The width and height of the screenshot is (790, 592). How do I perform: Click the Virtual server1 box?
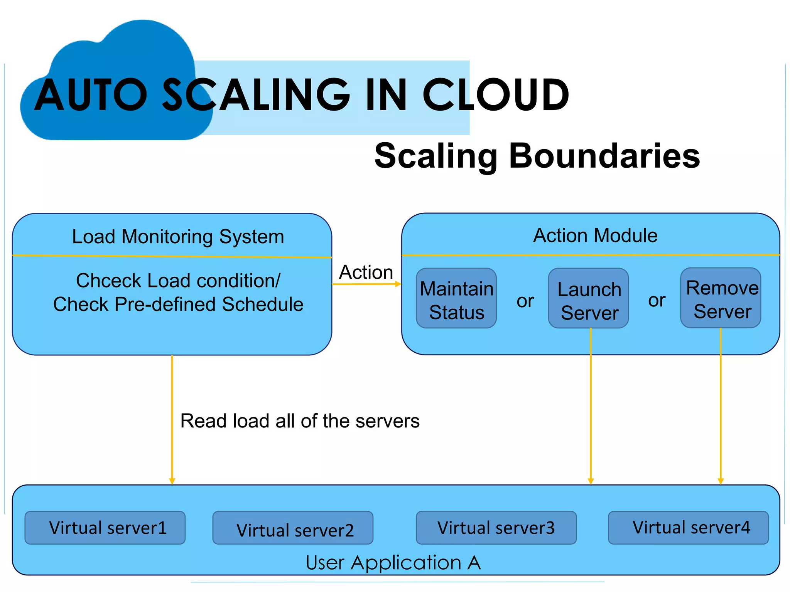[105, 528]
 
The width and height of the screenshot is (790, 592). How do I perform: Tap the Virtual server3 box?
[496, 528]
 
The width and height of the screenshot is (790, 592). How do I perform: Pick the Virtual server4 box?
[688, 528]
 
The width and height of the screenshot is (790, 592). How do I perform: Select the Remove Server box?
[721, 298]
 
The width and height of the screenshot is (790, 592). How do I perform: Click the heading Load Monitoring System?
[178, 237]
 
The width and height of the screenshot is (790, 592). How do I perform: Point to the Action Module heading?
[595, 235]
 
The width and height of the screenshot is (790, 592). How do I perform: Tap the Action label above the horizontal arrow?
[366, 272]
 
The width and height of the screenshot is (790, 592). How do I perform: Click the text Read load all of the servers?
[300, 421]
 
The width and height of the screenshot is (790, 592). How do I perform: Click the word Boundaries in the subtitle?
[604, 156]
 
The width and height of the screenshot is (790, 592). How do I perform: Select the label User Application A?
[393, 563]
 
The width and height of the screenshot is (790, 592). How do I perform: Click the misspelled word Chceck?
[108, 281]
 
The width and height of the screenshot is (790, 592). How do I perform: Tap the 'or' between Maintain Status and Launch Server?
[525, 301]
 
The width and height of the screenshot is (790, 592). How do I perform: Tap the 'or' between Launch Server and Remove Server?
[657, 300]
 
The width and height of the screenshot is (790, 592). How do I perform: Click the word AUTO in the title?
[91, 94]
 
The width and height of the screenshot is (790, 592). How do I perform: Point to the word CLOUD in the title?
[496, 94]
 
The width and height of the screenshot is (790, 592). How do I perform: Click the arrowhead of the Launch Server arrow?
[591, 481]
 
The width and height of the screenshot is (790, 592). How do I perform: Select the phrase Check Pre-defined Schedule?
[178, 304]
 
